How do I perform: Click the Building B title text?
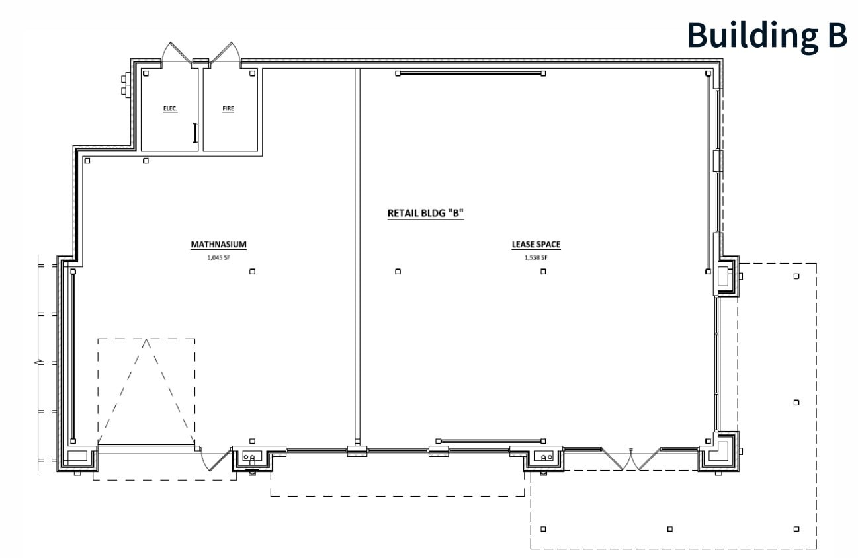pos(767,34)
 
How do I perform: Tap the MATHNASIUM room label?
pos(218,245)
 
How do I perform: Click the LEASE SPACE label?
pos(536,245)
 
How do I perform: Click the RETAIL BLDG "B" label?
pos(425,214)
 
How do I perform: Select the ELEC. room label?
pos(171,108)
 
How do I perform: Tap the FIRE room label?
pos(228,108)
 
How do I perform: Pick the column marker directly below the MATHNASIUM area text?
pos(252,272)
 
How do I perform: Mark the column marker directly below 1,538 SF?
pos(543,272)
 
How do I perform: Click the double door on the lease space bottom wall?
pos(631,458)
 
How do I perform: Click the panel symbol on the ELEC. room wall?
pos(194,133)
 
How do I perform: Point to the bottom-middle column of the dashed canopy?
pos(669,529)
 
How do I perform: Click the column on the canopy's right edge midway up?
pos(796,402)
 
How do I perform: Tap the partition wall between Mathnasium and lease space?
pos(357,258)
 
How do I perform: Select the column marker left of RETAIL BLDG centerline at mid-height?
pos(398,272)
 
